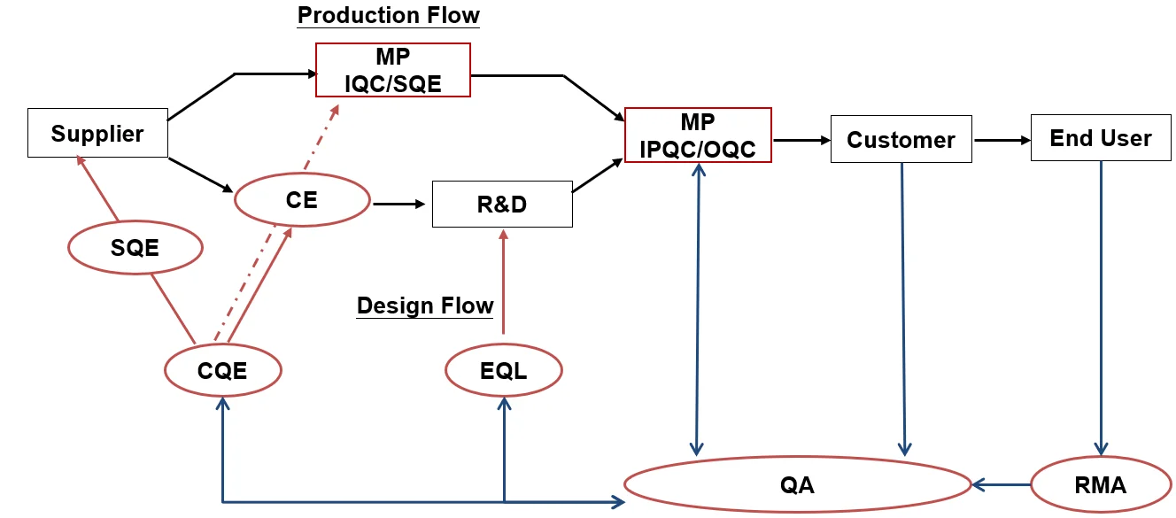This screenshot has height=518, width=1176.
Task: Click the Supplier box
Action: tap(97, 134)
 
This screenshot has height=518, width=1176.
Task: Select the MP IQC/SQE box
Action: tap(393, 70)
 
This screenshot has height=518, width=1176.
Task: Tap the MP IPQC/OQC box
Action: tap(698, 135)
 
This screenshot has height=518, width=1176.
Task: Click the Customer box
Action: tap(901, 139)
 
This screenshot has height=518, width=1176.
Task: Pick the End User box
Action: tap(1101, 138)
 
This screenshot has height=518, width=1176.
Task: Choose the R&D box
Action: tap(502, 204)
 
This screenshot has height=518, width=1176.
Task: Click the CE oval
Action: tap(301, 200)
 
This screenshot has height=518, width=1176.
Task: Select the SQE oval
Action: tap(135, 247)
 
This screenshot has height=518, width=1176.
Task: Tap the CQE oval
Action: tap(223, 370)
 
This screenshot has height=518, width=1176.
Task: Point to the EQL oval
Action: tap(503, 370)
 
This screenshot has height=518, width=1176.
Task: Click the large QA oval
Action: tap(797, 484)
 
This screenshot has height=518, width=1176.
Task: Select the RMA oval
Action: tap(1101, 484)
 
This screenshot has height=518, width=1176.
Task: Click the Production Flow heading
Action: tap(388, 15)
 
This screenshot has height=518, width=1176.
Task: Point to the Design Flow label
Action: tap(425, 305)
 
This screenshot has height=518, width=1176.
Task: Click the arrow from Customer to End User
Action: tap(1002, 140)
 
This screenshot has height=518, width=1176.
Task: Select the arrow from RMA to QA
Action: tap(1002, 484)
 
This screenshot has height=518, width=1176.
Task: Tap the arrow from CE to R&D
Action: tap(399, 204)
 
